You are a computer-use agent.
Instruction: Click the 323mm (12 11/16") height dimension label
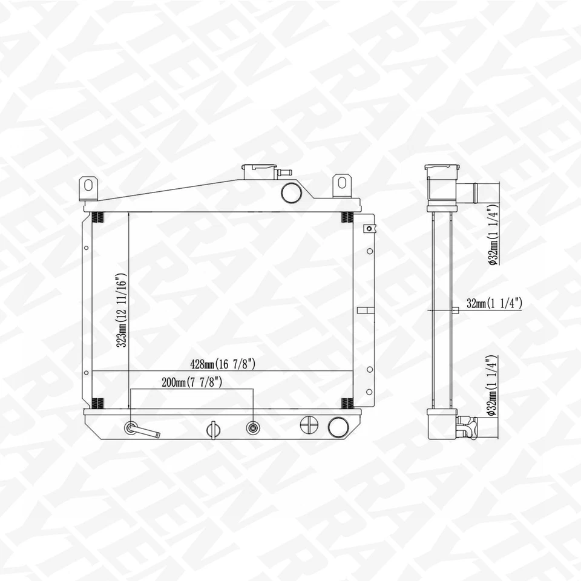coord(123,310)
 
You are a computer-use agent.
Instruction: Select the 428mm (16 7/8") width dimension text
coord(225,364)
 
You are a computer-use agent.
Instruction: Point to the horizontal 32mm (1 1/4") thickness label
coord(494,304)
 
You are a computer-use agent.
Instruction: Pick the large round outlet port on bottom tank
coord(337,427)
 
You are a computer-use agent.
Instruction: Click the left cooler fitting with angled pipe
coord(132,428)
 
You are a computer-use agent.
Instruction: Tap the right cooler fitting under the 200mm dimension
coord(252,428)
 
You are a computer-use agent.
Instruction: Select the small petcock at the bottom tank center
coord(211,428)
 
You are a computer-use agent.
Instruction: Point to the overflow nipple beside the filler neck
coord(283,172)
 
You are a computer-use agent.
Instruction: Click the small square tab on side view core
coord(456,310)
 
